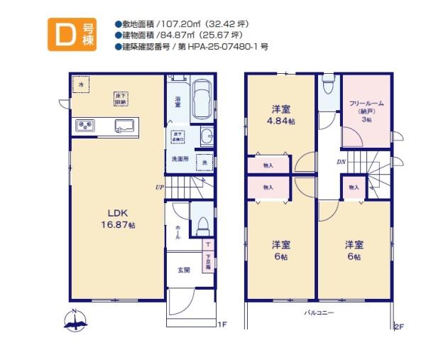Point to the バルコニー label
click(x=319, y=312)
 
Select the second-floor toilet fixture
click(x=327, y=87)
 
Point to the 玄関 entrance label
click(x=183, y=270)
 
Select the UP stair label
click(x=160, y=187)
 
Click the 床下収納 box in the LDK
click(x=119, y=98)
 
